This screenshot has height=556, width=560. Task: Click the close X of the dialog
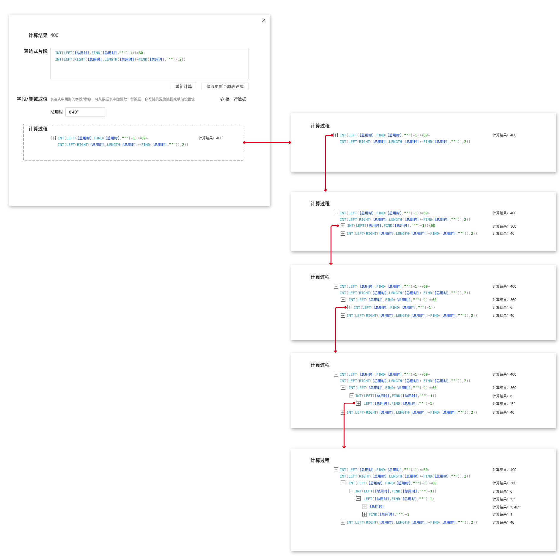click(x=264, y=20)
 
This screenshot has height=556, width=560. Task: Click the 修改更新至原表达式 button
click(x=225, y=86)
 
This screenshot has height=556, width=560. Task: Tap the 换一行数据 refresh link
click(x=233, y=99)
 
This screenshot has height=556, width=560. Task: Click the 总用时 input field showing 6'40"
click(x=85, y=112)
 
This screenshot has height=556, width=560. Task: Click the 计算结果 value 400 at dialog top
click(x=54, y=35)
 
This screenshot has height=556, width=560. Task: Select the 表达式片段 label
click(x=36, y=51)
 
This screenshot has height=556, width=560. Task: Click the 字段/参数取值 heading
click(x=32, y=99)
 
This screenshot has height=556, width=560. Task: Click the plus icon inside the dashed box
click(x=53, y=138)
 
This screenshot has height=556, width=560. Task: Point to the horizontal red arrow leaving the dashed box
click(x=267, y=142)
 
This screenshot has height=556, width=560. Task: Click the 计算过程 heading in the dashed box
click(x=38, y=129)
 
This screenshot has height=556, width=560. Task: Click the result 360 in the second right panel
click(x=513, y=226)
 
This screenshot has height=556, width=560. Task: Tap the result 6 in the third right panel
click(x=511, y=308)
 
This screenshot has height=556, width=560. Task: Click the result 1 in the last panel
click(x=511, y=514)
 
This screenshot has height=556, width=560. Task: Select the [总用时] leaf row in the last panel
click(x=377, y=507)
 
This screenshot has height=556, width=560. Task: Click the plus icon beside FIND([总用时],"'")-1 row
click(x=364, y=514)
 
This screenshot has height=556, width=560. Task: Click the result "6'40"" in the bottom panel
click(x=515, y=507)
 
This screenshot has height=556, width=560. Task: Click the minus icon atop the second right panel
click(x=336, y=213)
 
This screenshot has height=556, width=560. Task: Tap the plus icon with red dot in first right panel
click(x=335, y=135)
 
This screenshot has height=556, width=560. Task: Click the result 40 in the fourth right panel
click(x=512, y=412)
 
